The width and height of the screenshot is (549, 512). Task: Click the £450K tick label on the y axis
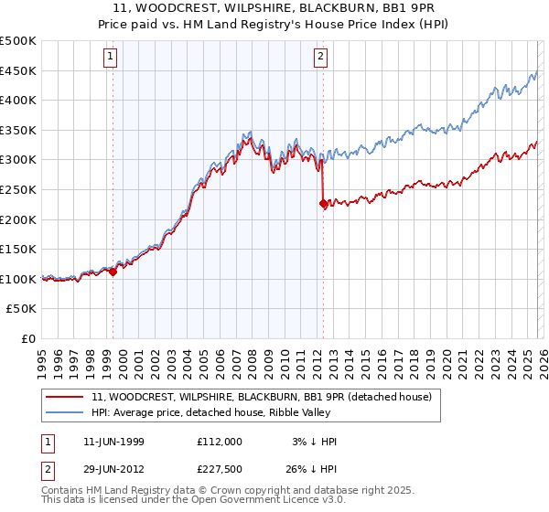18,70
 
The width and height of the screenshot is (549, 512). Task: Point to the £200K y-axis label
18,219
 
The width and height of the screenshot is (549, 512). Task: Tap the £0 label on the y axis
27,338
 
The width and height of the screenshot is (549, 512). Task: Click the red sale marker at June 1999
113,272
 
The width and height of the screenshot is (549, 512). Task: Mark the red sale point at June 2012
323,204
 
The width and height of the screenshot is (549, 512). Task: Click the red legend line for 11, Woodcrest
66,397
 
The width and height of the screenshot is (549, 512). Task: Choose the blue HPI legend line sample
66,412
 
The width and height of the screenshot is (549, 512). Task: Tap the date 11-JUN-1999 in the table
113,441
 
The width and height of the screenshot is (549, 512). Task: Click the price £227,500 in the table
219,471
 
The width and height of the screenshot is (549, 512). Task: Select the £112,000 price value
219,441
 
